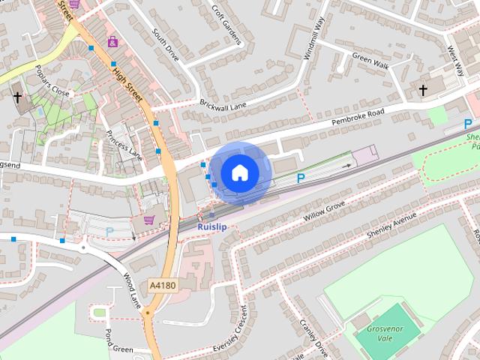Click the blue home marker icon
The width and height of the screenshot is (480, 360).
[239, 172]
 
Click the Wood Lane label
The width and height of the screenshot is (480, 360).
[133, 289]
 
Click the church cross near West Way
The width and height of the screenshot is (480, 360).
[423, 91]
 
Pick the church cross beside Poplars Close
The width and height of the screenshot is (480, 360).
[17, 97]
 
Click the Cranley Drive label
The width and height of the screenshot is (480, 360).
[314, 337]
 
